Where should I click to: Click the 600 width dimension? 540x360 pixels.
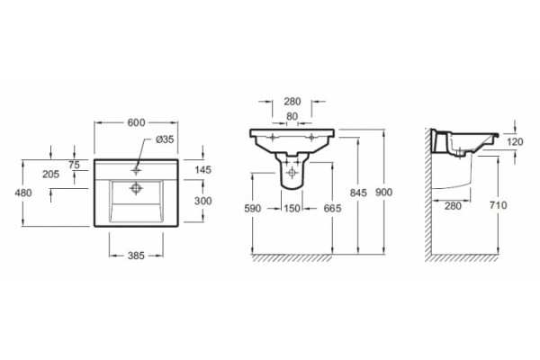pyautogui.click(x=137, y=122)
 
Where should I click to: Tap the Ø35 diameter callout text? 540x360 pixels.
pyautogui.click(x=165, y=139)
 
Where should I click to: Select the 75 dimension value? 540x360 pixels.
pyautogui.click(x=74, y=165)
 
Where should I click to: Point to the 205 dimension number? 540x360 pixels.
pyautogui.click(x=51, y=175)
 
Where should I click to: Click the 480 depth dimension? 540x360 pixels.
pyautogui.click(x=23, y=193)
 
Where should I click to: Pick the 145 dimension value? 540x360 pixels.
pyautogui.click(x=202, y=170)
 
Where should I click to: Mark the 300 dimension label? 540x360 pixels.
pyautogui.click(x=202, y=201)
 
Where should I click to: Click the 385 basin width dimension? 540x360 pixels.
pyautogui.click(x=136, y=256)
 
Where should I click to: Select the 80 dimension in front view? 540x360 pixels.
pyautogui.click(x=292, y=116)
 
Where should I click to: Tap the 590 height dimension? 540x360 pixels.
pyautogui.click(x=252, y=208)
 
